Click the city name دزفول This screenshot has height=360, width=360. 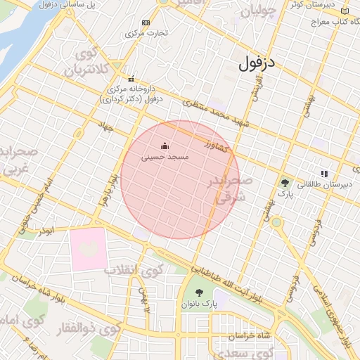click(x=259, y=64)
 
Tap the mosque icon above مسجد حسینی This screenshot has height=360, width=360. click(x=165, y=146)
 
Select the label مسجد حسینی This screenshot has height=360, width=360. click(x=165, y=157)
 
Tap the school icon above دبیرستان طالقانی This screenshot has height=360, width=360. click(x=324, y=173)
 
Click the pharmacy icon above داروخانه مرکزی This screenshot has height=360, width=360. click(x=131, y=79)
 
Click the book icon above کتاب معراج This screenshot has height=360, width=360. click(x=344, y=11)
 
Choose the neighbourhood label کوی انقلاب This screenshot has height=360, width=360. click(x=134, y=269)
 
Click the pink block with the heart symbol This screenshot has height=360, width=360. click(x=88, y=249)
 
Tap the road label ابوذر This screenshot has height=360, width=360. click(x=47, y=230)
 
